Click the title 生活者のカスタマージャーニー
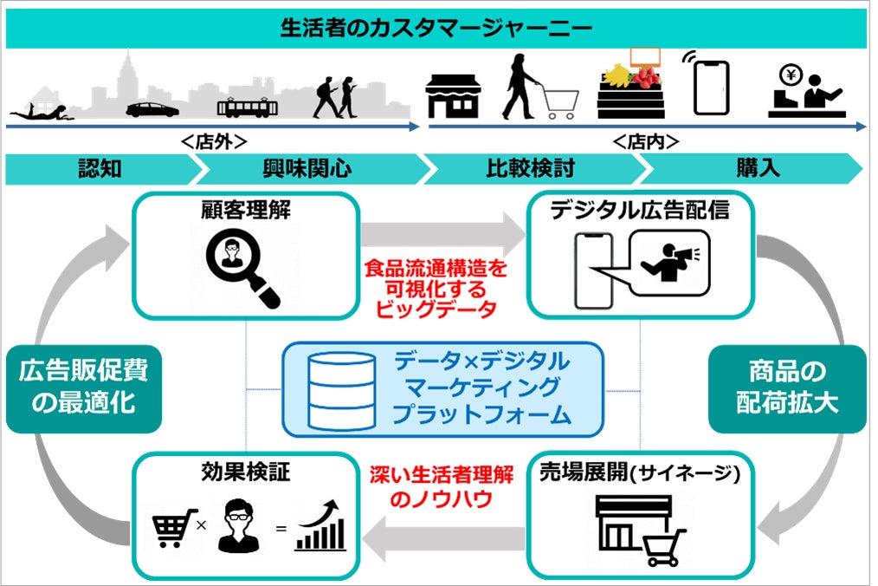436,28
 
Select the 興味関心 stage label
307,167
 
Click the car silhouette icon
152,110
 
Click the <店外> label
214,140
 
